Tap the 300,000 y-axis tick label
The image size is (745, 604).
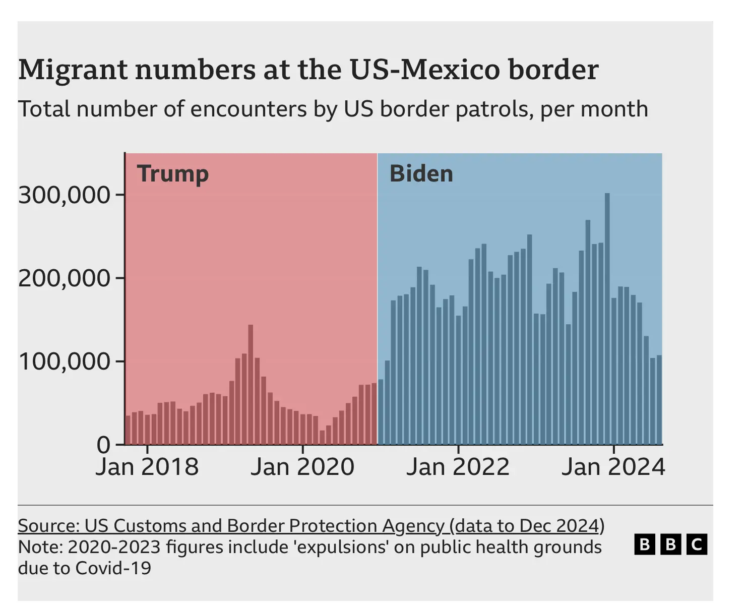64,195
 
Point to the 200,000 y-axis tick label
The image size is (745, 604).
64,278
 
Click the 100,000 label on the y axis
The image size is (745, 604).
64,361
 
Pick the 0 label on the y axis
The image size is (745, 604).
103,445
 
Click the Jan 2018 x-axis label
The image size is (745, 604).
147,466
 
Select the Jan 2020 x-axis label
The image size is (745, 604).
302,466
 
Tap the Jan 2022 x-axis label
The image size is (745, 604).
458,466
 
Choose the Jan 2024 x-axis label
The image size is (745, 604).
613,466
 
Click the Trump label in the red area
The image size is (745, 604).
172,174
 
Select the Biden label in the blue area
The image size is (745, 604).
421,174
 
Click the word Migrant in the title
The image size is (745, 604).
73,70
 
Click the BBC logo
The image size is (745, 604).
670,545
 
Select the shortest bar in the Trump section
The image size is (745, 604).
322,438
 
